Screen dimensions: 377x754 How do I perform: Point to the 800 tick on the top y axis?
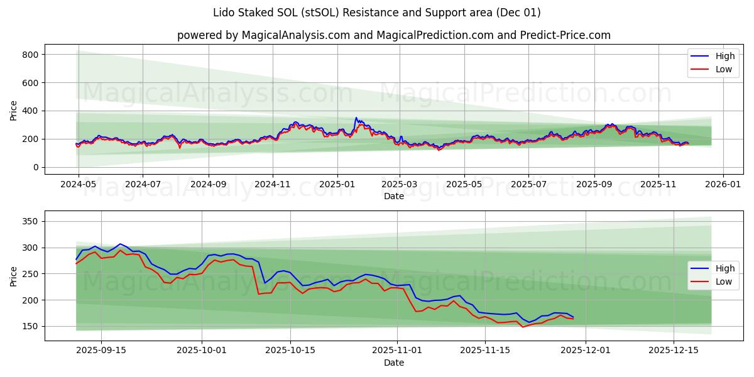click(x=30, y=55)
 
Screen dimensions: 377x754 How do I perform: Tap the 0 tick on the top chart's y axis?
click(x=36, y=167)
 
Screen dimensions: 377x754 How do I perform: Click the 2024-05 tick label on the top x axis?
click(x=78, y=185)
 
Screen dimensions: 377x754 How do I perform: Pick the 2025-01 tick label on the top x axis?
click(x=337, y=185)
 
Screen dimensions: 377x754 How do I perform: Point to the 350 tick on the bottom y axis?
click(x=30, y=221)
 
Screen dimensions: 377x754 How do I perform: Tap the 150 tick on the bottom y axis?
click(x=30, y=326)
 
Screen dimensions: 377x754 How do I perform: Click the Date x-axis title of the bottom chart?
click(x=394, y=363)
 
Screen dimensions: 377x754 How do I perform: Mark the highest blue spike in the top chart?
click(x=356, y=117)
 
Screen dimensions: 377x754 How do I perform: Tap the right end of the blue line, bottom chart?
click(x=573, y=317)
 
